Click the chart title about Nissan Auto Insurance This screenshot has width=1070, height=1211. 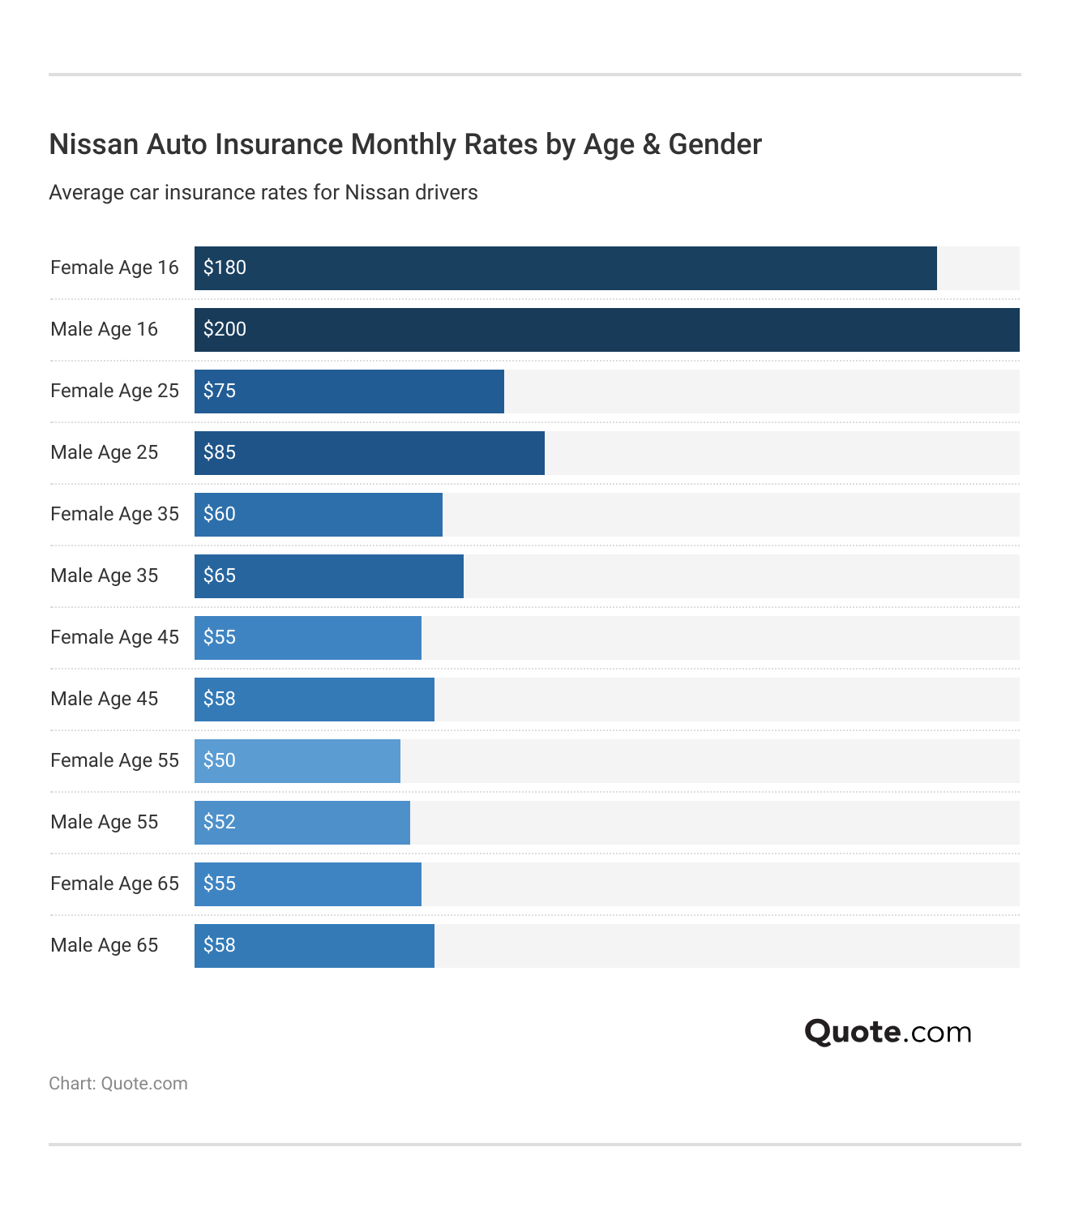pyautogui.click(x=405, y=144)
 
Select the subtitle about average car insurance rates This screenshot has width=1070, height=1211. pyautogui.click(x=263, y=193)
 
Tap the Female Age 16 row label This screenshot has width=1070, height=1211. pyautogui.click(x=114, y=267)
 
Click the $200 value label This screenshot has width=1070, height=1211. pyautogui.click(x=225, y=329)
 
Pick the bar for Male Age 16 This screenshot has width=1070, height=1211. pyautogui.click(x=606, y=330)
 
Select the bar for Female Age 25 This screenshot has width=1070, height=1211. pyautogui.click(x=349, y=392)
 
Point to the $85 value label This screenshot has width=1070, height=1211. pyautogui.click(x=220, y=452)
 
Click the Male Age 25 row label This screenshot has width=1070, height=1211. pyautogui.click(x=105, y=452)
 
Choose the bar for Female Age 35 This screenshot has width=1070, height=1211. pyautogui.click(x=318, y=515)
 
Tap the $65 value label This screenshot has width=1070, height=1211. pyautogui.click(x=220, y=576)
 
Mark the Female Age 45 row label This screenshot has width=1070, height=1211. pyautogui.click(x=114, y=637)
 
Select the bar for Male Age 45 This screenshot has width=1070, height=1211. pyautogui.click(x=314, y=700)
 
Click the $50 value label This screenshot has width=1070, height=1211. pyautogui.click(x=220, y=760)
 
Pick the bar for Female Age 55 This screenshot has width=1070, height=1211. pyautogui.click(x=297, y=761)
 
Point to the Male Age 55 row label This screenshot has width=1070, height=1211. pyautogui.click(x=105, y=822)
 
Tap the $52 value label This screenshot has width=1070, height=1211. pyautogui.click(x=220, y=822)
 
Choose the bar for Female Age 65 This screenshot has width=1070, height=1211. pyautogui.click(x=307, y=884)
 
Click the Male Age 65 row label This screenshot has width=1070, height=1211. pyautogui.click(x=105, y=945)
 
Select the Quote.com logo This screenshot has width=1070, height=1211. pyautogui.click(x=888, y=1032)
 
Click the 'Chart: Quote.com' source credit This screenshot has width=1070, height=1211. pyautogui.click(x=118, y=1084)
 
